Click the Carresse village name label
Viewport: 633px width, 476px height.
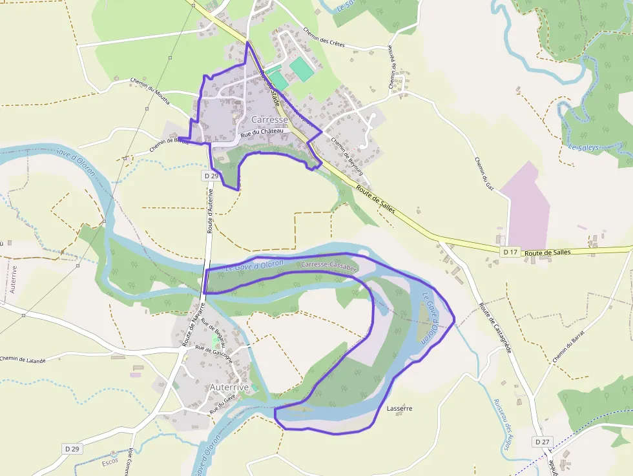pyautogui.click(x=269, y=120)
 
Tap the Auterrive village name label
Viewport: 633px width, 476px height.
pyautogui.click(x=229, y=387)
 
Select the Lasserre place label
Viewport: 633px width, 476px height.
pyautogui.click(x=399, y=408)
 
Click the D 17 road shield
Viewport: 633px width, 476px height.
pyautogui.click(x=510, y=251)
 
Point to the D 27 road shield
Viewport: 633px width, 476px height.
pyautogui.click(x=542, y=441)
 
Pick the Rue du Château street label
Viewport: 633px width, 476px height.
pyautogui.click(x=262, y=134)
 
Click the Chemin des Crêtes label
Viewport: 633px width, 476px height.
pyautogui.click(x=324, y=37)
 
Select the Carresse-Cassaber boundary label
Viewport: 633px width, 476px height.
pyautogui.click(x=329, y=265)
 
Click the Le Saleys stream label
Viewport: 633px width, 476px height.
pyautogui.click(x=583, y=147)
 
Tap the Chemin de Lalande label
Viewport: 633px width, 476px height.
pyautogui.click(x=23, y=360)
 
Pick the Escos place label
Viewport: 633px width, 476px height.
pyautogui.click(x=110, y=462)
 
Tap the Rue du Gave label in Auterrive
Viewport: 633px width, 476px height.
pyautogui.click(x=223, y=406)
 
